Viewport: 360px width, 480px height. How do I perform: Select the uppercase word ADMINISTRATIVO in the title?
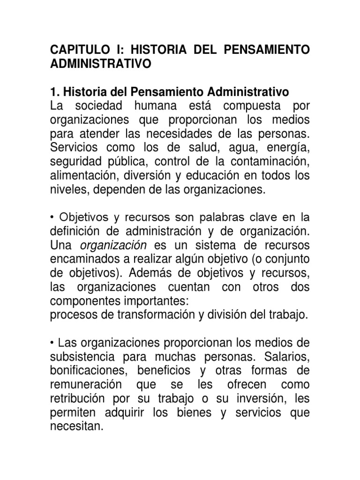(101, 64)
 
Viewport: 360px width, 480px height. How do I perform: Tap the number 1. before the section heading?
(54, 91)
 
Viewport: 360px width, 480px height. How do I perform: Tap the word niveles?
(65, 189)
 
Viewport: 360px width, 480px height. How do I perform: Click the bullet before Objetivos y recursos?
(52, 217)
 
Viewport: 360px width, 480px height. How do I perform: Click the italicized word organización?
(114, 245)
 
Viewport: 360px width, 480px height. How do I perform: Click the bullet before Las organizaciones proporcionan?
(52, 343)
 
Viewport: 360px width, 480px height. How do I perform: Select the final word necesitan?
(76, 427)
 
